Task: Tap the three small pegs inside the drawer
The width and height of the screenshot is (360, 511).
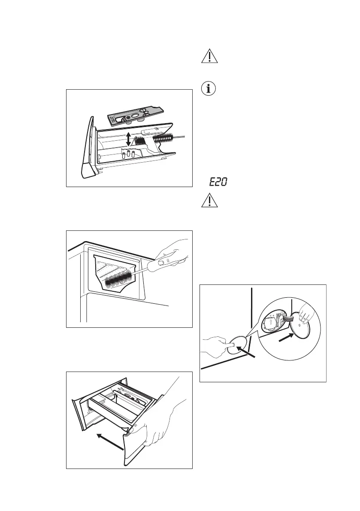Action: click(x=128, y=154)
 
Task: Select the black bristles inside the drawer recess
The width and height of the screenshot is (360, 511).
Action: click(x=118, y=279)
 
